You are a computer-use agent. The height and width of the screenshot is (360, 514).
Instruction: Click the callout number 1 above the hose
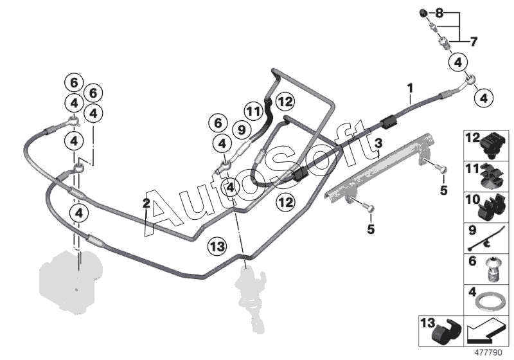click(410, 87)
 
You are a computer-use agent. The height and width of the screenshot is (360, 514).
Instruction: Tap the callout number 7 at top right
click(474, 42)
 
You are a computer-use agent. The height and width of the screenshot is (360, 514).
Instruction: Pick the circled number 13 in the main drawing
click(217, 246)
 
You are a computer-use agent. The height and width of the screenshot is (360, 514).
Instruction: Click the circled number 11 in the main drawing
click(254, 112)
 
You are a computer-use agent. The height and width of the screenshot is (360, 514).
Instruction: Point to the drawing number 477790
click(490, 352)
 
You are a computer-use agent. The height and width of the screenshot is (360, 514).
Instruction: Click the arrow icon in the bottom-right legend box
click(486, 333)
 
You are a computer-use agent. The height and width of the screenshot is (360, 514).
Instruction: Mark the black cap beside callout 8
click(423, 14)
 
